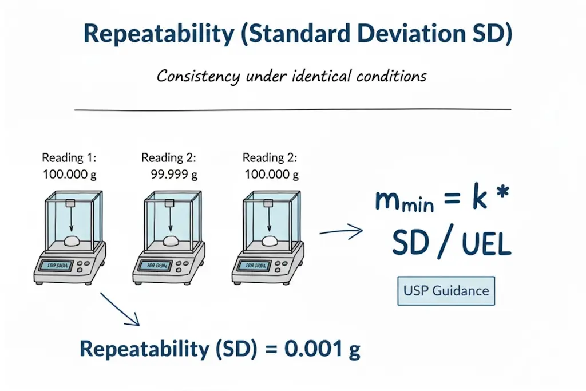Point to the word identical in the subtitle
(x=307, y=76)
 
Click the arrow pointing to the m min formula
(x=341, y=232)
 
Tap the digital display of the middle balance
(x=156, y=266)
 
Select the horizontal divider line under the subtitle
(x=293, y=109)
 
